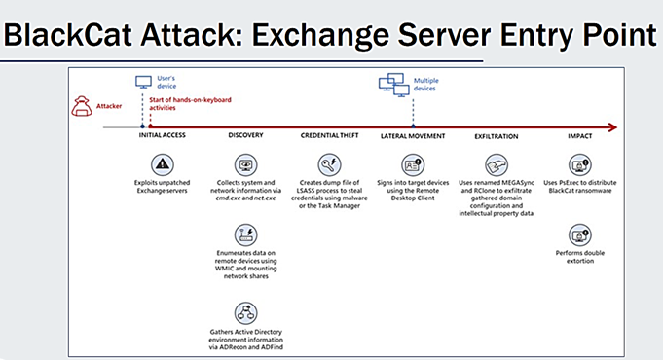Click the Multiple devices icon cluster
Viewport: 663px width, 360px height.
tap(394, 85)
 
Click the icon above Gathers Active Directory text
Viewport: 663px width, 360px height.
tap(245, 312)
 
